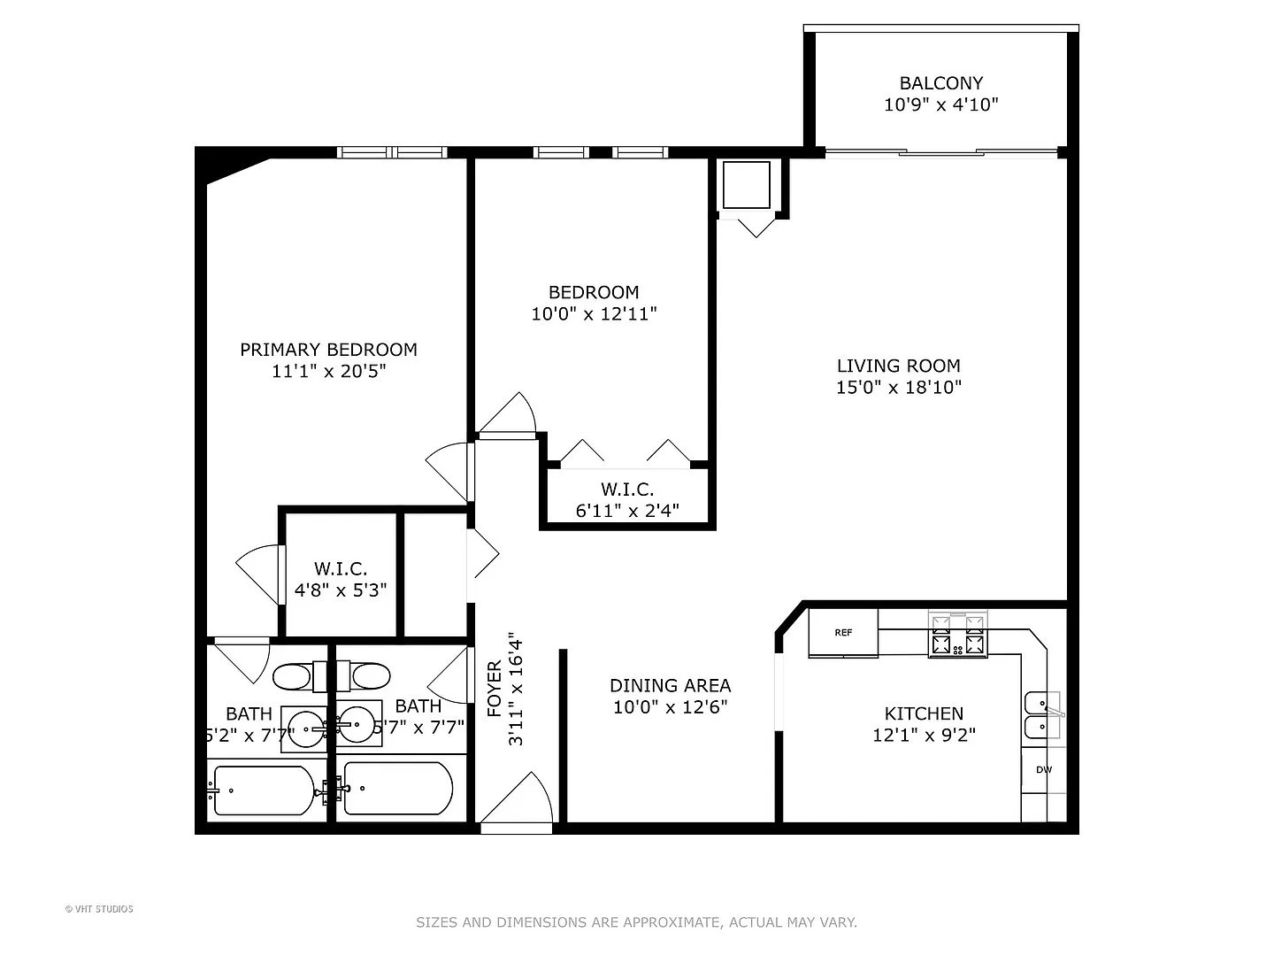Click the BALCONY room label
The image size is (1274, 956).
coord(940,83)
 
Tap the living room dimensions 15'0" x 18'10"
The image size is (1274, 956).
coord(898,387)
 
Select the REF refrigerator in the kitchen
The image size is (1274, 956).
coord(843,633)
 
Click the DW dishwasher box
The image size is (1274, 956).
coord(1044,770)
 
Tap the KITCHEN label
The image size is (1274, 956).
coord(924,713)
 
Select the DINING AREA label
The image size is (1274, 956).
coord(670,685)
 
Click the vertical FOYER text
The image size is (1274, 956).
coord(495,689)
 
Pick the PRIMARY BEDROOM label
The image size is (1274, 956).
coord(328,350)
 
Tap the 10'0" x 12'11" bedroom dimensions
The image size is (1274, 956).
coord(594,313)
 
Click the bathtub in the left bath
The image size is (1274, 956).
coord(263,790)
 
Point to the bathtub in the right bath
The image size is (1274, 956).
coord(397,788)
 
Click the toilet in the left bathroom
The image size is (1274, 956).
coord(291,678)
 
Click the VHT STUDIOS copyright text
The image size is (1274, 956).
coord(99,908)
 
